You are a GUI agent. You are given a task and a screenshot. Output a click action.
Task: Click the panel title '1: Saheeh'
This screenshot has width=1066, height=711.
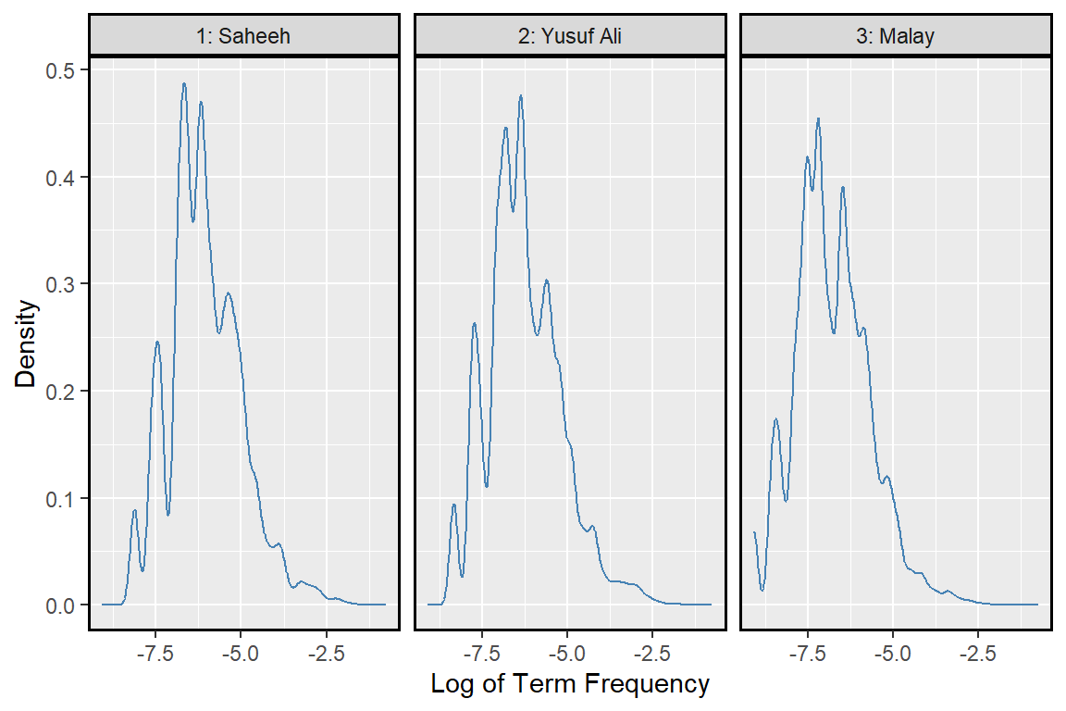(x=243, y=36)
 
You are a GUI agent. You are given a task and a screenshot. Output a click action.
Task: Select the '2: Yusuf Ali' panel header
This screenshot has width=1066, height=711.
(x=569, y=36)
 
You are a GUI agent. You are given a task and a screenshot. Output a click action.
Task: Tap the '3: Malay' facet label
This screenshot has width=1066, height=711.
(x=896, y=36)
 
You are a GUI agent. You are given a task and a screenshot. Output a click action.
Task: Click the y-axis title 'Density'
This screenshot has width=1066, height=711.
(x=29, y=343)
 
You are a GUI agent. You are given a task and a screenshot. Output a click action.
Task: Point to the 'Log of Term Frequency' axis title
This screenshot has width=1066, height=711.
(x=570, y=684)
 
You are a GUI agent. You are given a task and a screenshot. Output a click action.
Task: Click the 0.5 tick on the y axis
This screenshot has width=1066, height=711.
(x=62, y=70)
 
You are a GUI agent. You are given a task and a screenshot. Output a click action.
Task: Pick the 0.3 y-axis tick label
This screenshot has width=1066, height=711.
(x=62, y=284)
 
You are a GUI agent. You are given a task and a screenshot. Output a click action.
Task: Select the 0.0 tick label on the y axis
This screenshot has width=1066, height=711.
(x=62, y=605)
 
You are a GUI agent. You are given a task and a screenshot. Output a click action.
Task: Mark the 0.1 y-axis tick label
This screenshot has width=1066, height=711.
(x=62, y=498)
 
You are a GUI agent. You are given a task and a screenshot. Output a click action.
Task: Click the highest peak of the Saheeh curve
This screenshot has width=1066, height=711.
(x=184, y=83)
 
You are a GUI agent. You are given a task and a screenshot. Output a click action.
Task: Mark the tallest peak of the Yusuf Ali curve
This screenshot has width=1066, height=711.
(x=521, y=95)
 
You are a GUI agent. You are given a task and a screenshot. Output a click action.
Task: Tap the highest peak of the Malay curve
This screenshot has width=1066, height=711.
(x=818, y=118)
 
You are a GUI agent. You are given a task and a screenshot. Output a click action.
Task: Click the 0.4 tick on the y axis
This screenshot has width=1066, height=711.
(x=62, y=177)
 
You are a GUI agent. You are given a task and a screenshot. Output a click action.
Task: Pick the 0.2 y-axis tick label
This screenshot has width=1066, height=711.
(x=62, y=392)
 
